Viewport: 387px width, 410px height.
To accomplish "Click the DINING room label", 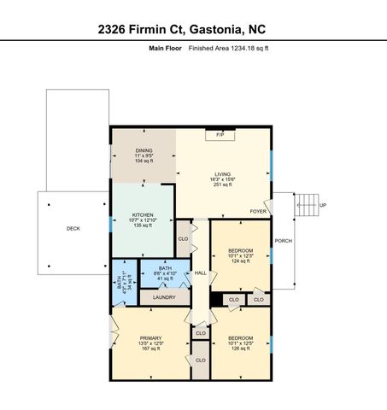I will [144, 151].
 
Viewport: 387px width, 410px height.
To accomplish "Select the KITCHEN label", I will [143, 214].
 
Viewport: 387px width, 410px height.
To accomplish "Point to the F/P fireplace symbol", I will [220, 135].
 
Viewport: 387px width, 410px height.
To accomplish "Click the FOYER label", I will [257, 210].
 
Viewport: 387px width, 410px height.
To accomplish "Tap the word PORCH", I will [283, 240].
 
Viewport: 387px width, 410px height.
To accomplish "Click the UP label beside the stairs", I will [322, 205].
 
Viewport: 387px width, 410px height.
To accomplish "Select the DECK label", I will [74, 229].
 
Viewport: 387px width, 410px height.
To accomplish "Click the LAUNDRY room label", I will [164, 297].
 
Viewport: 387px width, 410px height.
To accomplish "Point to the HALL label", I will [201, 273].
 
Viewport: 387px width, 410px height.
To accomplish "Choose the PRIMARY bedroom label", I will [150, 338].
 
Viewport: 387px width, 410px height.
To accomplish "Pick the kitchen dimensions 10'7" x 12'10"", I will [143, 220].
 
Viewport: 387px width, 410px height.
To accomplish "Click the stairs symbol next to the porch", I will [305, 204].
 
